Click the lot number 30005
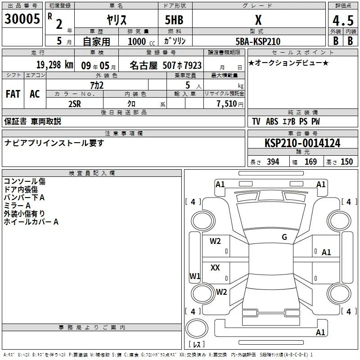point(22,19)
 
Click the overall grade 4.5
point(343,20)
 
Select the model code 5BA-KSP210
point(258,41)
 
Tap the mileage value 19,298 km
point(55,65)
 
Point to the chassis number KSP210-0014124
point(302,143)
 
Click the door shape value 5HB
point(174,20)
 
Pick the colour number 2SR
point(75,104)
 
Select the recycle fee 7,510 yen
point(230,104)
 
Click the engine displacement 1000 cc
point(141,42)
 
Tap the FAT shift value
point(13,94)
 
